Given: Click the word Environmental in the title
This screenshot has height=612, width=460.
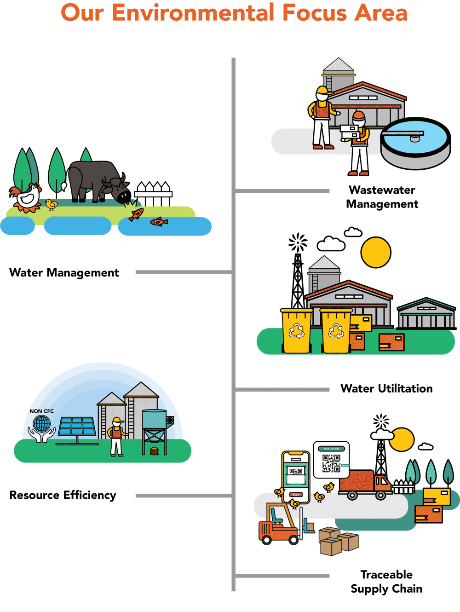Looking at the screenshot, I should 194,13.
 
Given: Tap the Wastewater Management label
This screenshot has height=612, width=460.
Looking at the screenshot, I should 382,197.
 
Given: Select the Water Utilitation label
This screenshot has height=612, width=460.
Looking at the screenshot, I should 386,389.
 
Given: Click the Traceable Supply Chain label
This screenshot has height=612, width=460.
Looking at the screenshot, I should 386,582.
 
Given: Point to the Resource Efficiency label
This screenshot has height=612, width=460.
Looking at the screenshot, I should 63,495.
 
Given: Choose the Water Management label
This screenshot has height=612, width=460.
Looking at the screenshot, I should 64,273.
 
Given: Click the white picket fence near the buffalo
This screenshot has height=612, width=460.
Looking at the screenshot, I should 154,194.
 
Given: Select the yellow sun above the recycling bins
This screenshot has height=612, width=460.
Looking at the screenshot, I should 376,252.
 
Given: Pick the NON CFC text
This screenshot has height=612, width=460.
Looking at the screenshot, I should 41,411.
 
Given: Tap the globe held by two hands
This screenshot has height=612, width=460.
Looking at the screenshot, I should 41,423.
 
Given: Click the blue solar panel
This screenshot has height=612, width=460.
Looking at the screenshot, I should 77,426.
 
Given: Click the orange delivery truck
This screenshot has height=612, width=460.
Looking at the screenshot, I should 363,484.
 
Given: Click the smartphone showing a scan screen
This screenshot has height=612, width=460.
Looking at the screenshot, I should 296,476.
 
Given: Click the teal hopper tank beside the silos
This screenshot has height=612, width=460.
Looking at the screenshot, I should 155,420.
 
